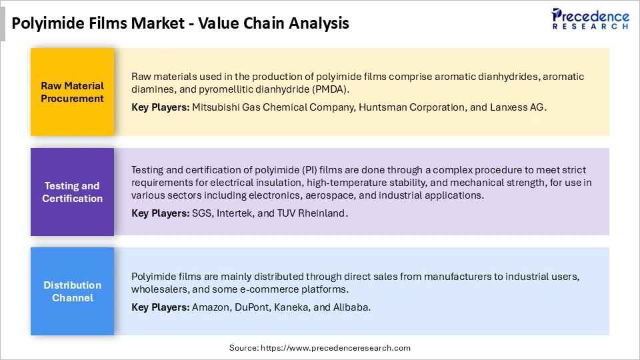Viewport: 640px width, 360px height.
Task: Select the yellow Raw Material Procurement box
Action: click(72, 92)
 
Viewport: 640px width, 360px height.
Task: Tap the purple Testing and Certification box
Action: click(72, 192)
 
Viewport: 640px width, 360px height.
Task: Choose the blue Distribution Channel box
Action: click(72, 291)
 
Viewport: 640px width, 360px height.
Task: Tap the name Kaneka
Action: click(296, 307)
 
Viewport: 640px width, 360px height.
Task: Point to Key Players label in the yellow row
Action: click(160, 107)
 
